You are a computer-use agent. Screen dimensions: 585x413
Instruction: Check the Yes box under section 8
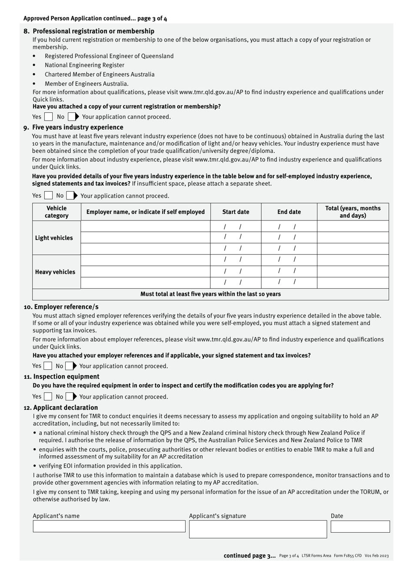tap(49, 117)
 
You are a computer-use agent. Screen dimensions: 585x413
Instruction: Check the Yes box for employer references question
tap(48, 366)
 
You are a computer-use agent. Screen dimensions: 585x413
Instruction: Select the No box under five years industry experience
tap(70, 196)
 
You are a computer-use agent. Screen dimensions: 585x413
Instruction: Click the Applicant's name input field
tap(109, 526)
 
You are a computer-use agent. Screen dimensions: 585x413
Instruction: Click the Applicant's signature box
tap(258, 529)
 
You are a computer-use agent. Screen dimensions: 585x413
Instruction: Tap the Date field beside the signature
tap(360, 527)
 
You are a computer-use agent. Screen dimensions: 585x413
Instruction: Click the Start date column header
tap(236, 212)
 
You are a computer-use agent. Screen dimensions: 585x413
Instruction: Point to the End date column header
tap(289, 212)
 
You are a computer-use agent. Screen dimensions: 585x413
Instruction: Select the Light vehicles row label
tap(54, 238)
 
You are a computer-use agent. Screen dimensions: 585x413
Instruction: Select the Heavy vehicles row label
tap(55, 272)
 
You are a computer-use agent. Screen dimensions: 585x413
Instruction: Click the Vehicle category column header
tap(57, 212)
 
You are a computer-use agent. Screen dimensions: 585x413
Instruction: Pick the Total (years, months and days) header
tap(353, 212)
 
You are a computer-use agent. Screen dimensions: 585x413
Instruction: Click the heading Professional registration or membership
tap(93, 31)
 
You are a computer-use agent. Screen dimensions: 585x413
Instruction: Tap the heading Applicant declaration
tap(66, 408)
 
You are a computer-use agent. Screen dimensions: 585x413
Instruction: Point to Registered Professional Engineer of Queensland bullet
tap(109, 56)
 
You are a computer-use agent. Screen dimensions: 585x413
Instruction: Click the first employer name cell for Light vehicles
tap(146, 227)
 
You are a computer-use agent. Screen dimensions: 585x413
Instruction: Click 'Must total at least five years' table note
tap(210, 294)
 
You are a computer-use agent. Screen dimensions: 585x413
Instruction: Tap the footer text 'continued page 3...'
tap(250, 555)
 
